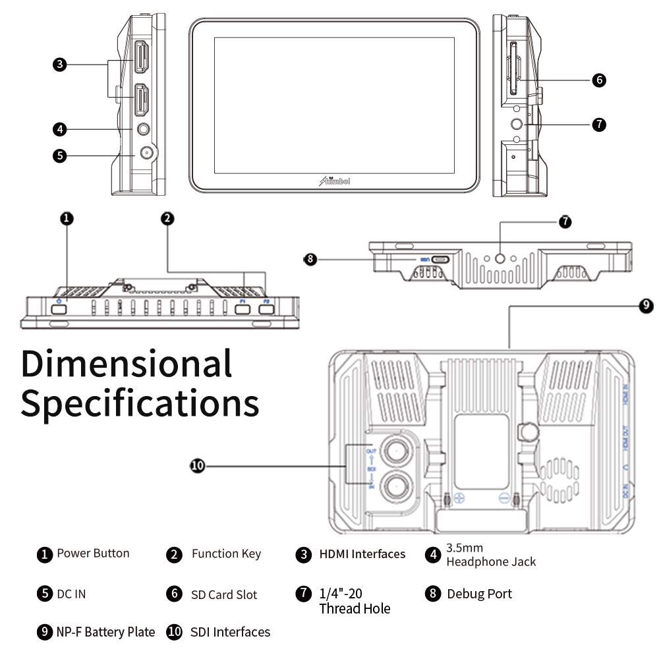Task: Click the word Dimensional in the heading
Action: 127,363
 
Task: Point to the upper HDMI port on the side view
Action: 141,58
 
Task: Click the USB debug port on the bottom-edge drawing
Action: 440,260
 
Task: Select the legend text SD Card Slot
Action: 224,594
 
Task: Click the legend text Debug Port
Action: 479,594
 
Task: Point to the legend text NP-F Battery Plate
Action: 105,632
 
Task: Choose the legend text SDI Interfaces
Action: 230,632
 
